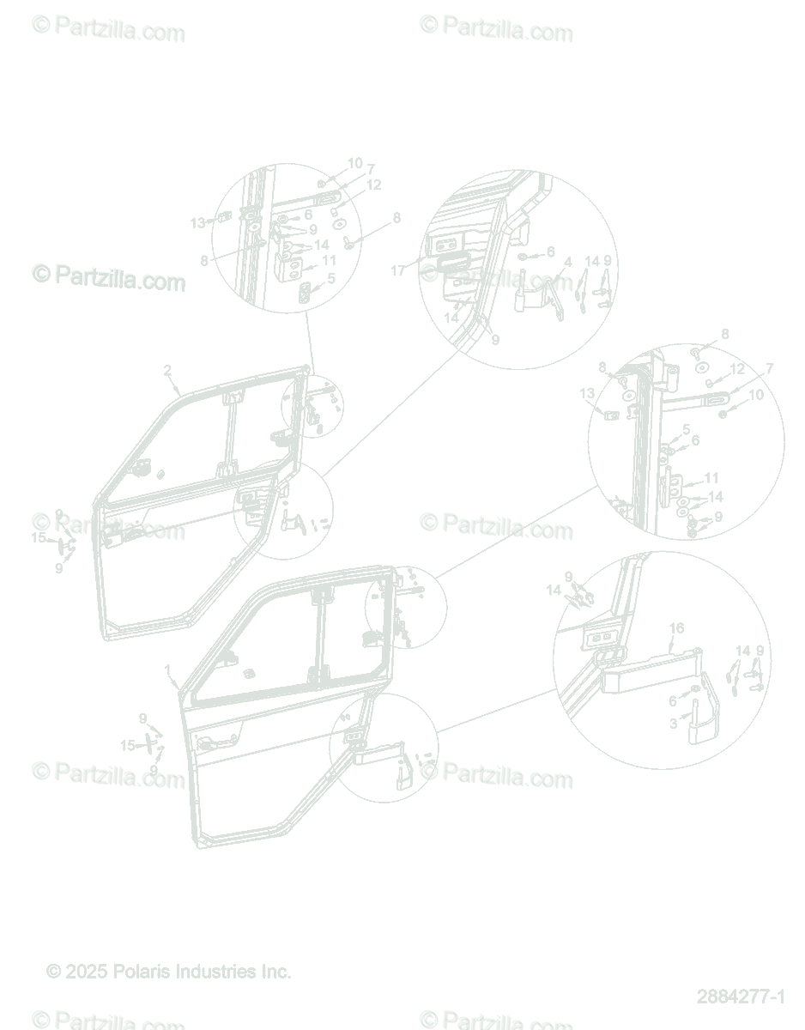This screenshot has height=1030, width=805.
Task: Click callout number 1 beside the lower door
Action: click(167, 669)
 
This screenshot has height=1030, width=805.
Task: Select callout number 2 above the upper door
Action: click(167, 371)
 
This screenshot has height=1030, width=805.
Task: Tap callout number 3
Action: click(674, 724)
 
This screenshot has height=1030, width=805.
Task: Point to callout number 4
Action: click(567, 261)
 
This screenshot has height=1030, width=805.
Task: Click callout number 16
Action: click(676, 628)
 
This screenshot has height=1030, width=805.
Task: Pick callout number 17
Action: click(397, 270)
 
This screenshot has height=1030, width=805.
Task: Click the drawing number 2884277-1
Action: click(740, 997)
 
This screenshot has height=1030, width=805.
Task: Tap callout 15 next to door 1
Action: click(127, 745)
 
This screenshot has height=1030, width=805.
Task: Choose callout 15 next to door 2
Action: click(38, 538)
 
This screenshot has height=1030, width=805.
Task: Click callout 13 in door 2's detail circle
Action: click(197, 222)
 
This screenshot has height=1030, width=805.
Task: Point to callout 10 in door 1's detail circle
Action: click(756, 395)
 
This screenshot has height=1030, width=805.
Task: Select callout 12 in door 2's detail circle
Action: click(372, 185)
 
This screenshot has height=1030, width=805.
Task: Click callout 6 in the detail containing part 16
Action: click(673, 701)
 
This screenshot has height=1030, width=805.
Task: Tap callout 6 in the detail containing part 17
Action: click(550, 251)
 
